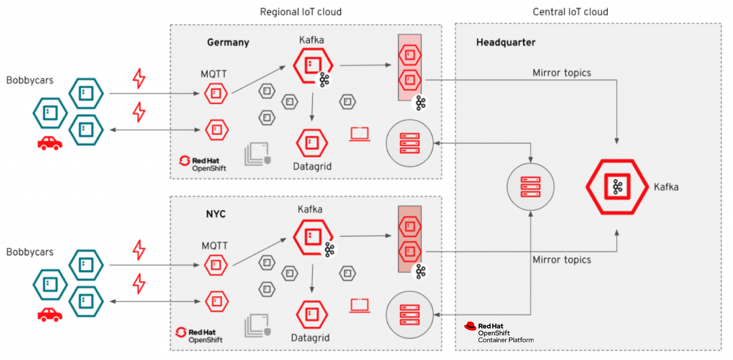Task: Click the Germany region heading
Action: pos(228,43)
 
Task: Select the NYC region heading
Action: pos(216,214)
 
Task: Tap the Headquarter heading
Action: pos(506,43)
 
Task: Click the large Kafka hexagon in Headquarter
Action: pos(617,187)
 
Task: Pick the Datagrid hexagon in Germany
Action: pos(312,143)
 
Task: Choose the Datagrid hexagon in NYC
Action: pos(312,314)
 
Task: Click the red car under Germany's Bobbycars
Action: pos(50,143)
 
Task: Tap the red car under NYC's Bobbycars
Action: pos(50,314)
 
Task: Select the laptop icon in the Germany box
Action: pos(360,134)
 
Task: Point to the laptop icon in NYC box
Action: pos(360,305)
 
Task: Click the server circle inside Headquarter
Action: pos(531,187)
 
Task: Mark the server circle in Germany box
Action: pos(410,143)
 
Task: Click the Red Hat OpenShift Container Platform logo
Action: pos(498,333)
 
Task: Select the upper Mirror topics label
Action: pos(562,73)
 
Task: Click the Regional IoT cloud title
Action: pos(301,12)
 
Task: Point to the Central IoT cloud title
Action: pos(570,12)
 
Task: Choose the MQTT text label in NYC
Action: pos(215,246)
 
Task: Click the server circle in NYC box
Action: pos(410,314)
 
